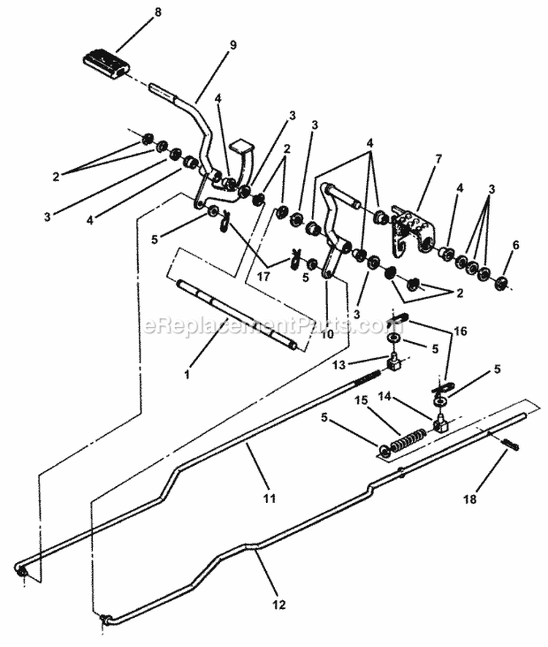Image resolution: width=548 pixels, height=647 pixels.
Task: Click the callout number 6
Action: [516, 246]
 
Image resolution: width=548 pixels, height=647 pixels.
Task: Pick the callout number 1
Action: [187, 374]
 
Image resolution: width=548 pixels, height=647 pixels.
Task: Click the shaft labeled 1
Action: [234, 315]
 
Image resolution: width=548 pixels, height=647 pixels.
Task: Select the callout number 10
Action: [327, 333]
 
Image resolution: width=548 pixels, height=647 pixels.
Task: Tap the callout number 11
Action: [269, 499]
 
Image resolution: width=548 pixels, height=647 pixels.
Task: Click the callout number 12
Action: [277, 605]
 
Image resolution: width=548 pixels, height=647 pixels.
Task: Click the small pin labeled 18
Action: [509, 444]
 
